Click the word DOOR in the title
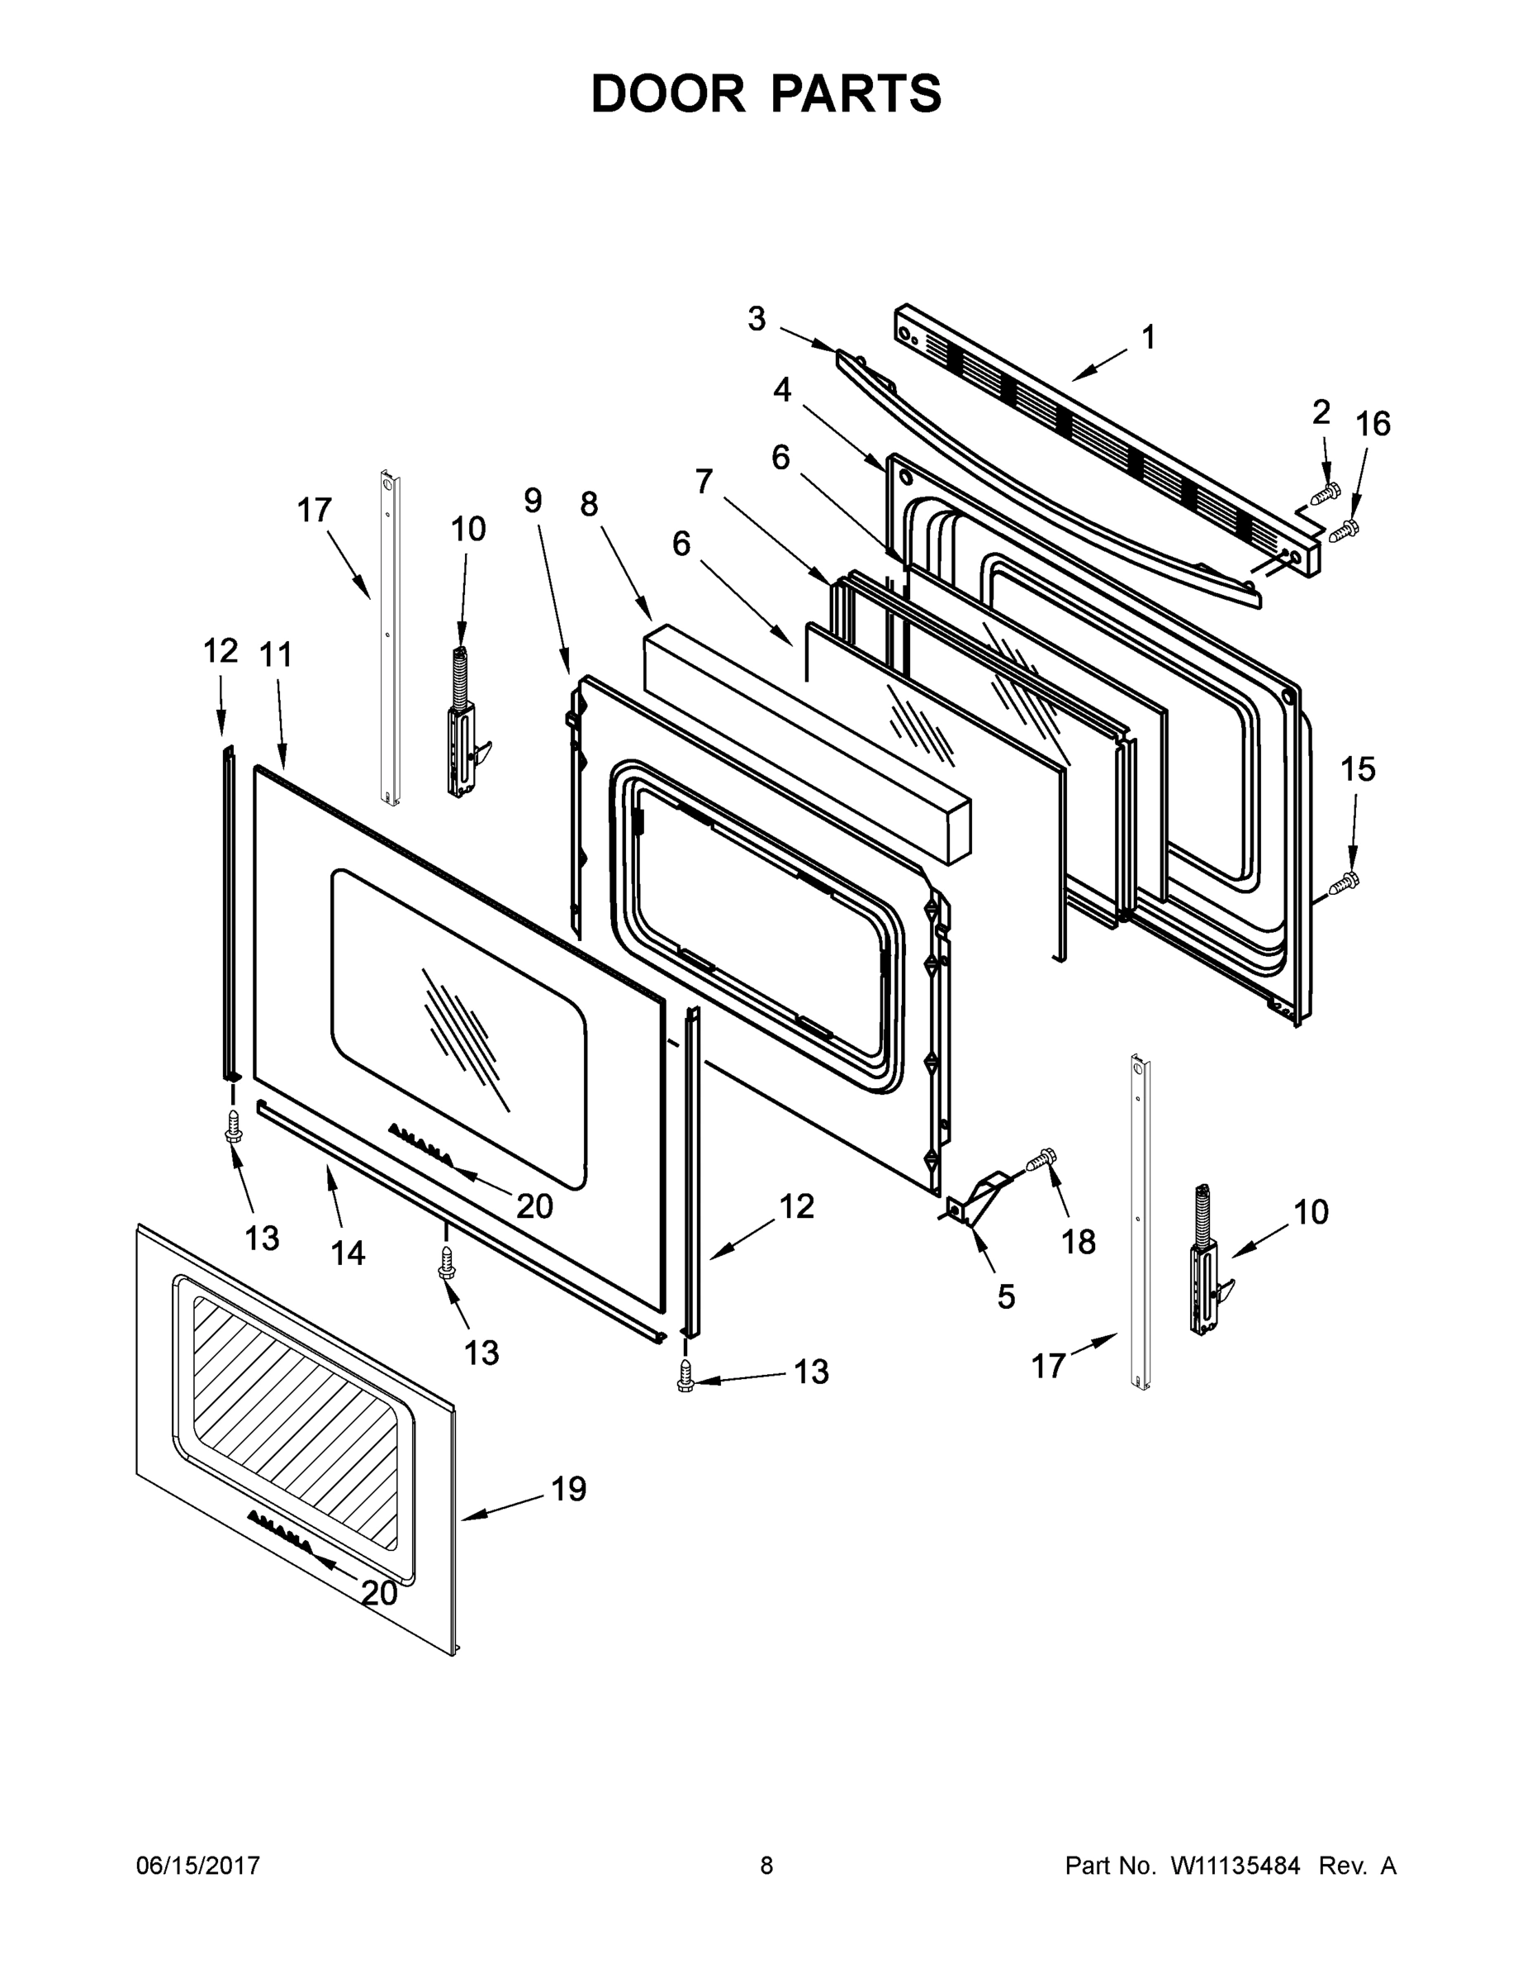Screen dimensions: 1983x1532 [668, 94]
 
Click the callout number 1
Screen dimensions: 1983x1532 [1148, 338]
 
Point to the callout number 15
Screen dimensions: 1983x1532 [1358, 769]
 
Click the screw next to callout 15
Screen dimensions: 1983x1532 [1345, 882]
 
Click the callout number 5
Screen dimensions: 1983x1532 [1006, 1296]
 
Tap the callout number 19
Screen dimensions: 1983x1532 [569, 1489]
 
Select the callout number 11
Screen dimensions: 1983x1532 [277, 654]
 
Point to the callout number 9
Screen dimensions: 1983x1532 [533, 499]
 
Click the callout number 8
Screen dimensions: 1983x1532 [590, 504]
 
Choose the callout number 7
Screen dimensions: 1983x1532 [704, 480]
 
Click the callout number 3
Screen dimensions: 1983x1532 [756, 319]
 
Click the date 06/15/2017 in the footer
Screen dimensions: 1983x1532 [198, 1866]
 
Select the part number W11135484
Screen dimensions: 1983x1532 [1236, 1866]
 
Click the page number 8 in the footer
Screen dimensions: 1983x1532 [766, 1866]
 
